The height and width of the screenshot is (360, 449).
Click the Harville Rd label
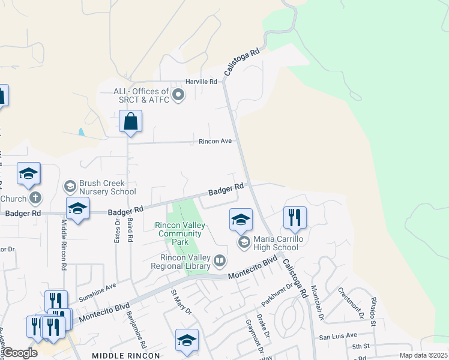click(x=201, y=81)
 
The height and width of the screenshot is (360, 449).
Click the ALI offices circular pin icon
click(x=178, y=95)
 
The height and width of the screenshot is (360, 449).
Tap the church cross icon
click(x=35, y=198)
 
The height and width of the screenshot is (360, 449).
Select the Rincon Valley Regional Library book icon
click(x=220, y=261)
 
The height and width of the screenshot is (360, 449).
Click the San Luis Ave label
click(x=338, y=335)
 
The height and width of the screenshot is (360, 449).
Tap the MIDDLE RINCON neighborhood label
click(x=126, y=355)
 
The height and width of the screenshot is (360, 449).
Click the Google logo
click(x=20, y=353)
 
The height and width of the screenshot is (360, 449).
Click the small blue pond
click(x=81, y=131)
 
